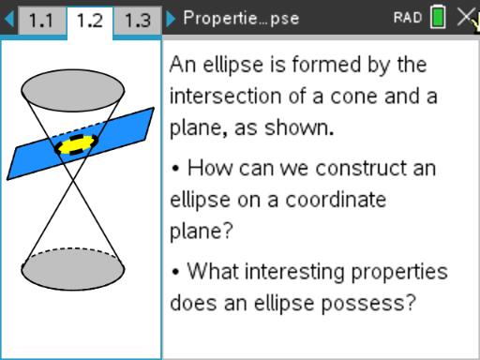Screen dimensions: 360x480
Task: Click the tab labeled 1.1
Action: [42, 20]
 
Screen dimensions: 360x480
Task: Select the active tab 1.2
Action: [90, 20]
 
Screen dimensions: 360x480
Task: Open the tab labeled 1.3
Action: [137, 20]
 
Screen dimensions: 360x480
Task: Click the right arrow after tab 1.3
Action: [170, 19]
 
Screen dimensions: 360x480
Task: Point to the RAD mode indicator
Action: [406, 18]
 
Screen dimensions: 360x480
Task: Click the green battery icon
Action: [438, 18]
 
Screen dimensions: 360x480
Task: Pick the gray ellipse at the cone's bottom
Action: [72, 270]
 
